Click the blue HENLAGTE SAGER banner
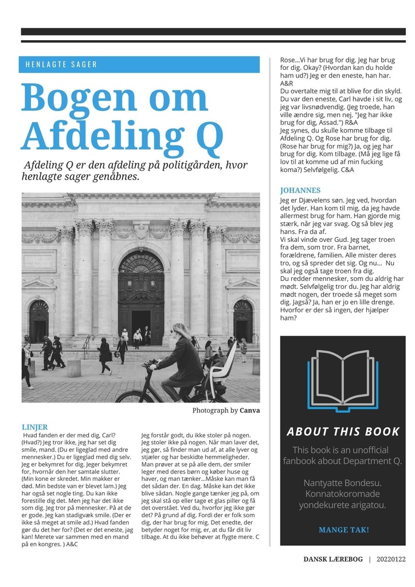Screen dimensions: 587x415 139,64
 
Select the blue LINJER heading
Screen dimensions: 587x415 34,427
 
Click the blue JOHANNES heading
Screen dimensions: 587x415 300,190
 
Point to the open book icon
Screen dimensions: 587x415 343,379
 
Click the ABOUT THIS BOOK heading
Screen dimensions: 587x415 343,432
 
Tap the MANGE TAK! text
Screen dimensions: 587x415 343,530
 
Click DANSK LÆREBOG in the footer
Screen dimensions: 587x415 333,559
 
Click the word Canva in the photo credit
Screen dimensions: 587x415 249,410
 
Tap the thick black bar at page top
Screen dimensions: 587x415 213,32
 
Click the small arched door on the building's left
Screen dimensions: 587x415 39,322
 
